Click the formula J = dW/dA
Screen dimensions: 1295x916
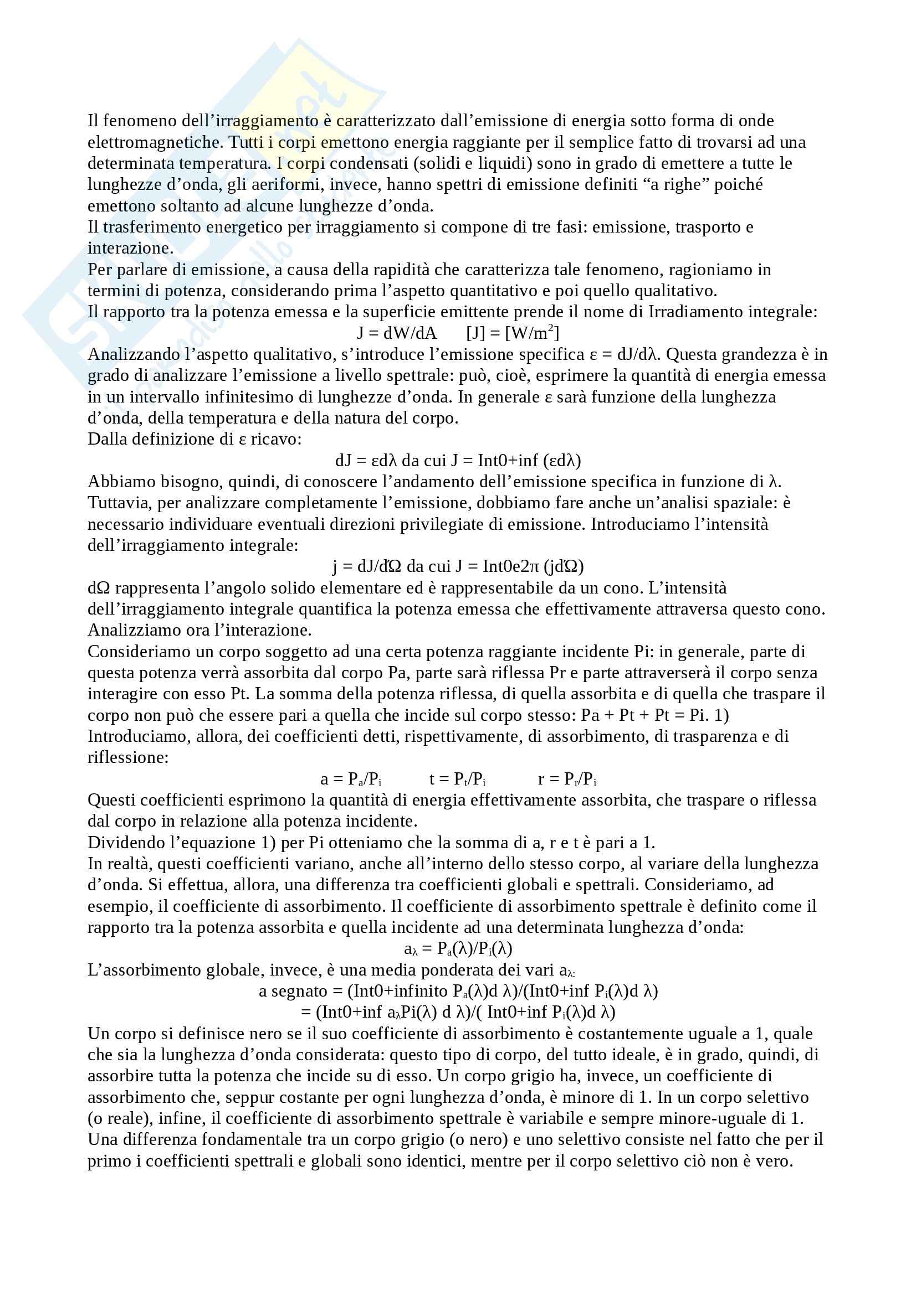point(397,333)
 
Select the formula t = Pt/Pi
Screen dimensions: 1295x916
point(457,780)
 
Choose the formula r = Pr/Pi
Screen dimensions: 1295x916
point(567,780)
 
